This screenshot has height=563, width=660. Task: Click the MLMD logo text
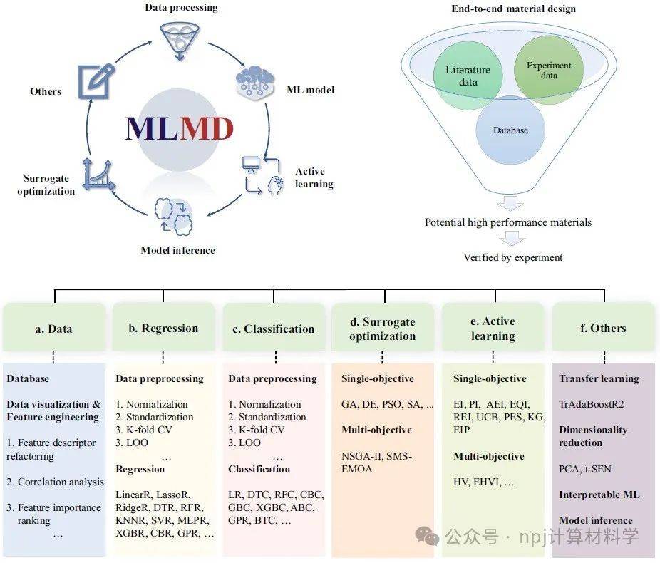pyautogui.click(x=179, y=129)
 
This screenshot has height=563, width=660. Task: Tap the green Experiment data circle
pyautogui.click(x=549, y=71)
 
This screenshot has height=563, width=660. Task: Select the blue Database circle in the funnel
pyautogui.click(x=510, y=130)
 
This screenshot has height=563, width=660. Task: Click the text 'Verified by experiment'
pyautogui.click(x=512, y=257)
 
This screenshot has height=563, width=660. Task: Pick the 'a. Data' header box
pyautogui.click(x=53, y=329)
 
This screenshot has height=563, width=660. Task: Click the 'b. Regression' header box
pyautogui.click(x=163, y=329)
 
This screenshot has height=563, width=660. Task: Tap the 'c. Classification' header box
pyautogui.click(x=274, y=329)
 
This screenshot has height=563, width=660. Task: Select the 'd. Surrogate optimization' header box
pyautogui.click(x=383, y=329)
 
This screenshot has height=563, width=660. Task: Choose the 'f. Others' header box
pyautogui.click(x=602, y=329)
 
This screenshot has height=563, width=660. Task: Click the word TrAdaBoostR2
pyautogui.click(x=591, y=403)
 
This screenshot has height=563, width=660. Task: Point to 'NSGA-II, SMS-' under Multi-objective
pyautogui.click(x=377, y=457)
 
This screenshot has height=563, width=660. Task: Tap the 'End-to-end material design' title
pyautogui.click(x=513, y=9)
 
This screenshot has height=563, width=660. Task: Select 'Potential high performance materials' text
pyautogui.click(x=507, y=222)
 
